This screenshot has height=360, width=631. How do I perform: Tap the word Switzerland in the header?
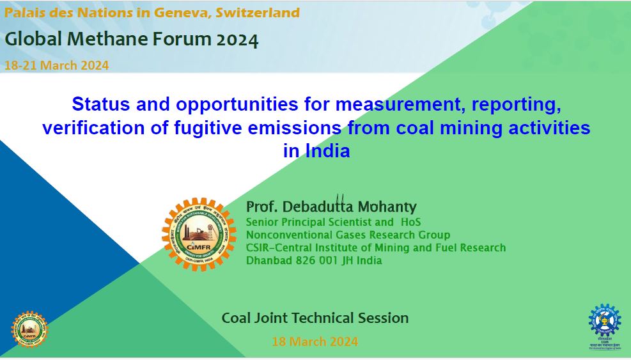tap(258, 13)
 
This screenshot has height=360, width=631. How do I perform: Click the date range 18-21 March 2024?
tap(57, 65)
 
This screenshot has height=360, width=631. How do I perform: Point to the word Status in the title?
tap(100, 104)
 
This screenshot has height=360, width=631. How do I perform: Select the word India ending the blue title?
tap(327, 151)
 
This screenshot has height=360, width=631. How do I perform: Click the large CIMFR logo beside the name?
tap(199, 234)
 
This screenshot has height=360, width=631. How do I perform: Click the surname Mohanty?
tap(387, 207)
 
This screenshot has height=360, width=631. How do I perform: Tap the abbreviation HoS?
tap(410, 222)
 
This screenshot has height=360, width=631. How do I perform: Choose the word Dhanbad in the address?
tap(269, 260)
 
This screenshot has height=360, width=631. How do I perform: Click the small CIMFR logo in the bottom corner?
tap(29, 329)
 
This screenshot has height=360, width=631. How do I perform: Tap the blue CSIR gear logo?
tap(604, 321)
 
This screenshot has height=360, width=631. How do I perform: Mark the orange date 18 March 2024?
tap(315, 341)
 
